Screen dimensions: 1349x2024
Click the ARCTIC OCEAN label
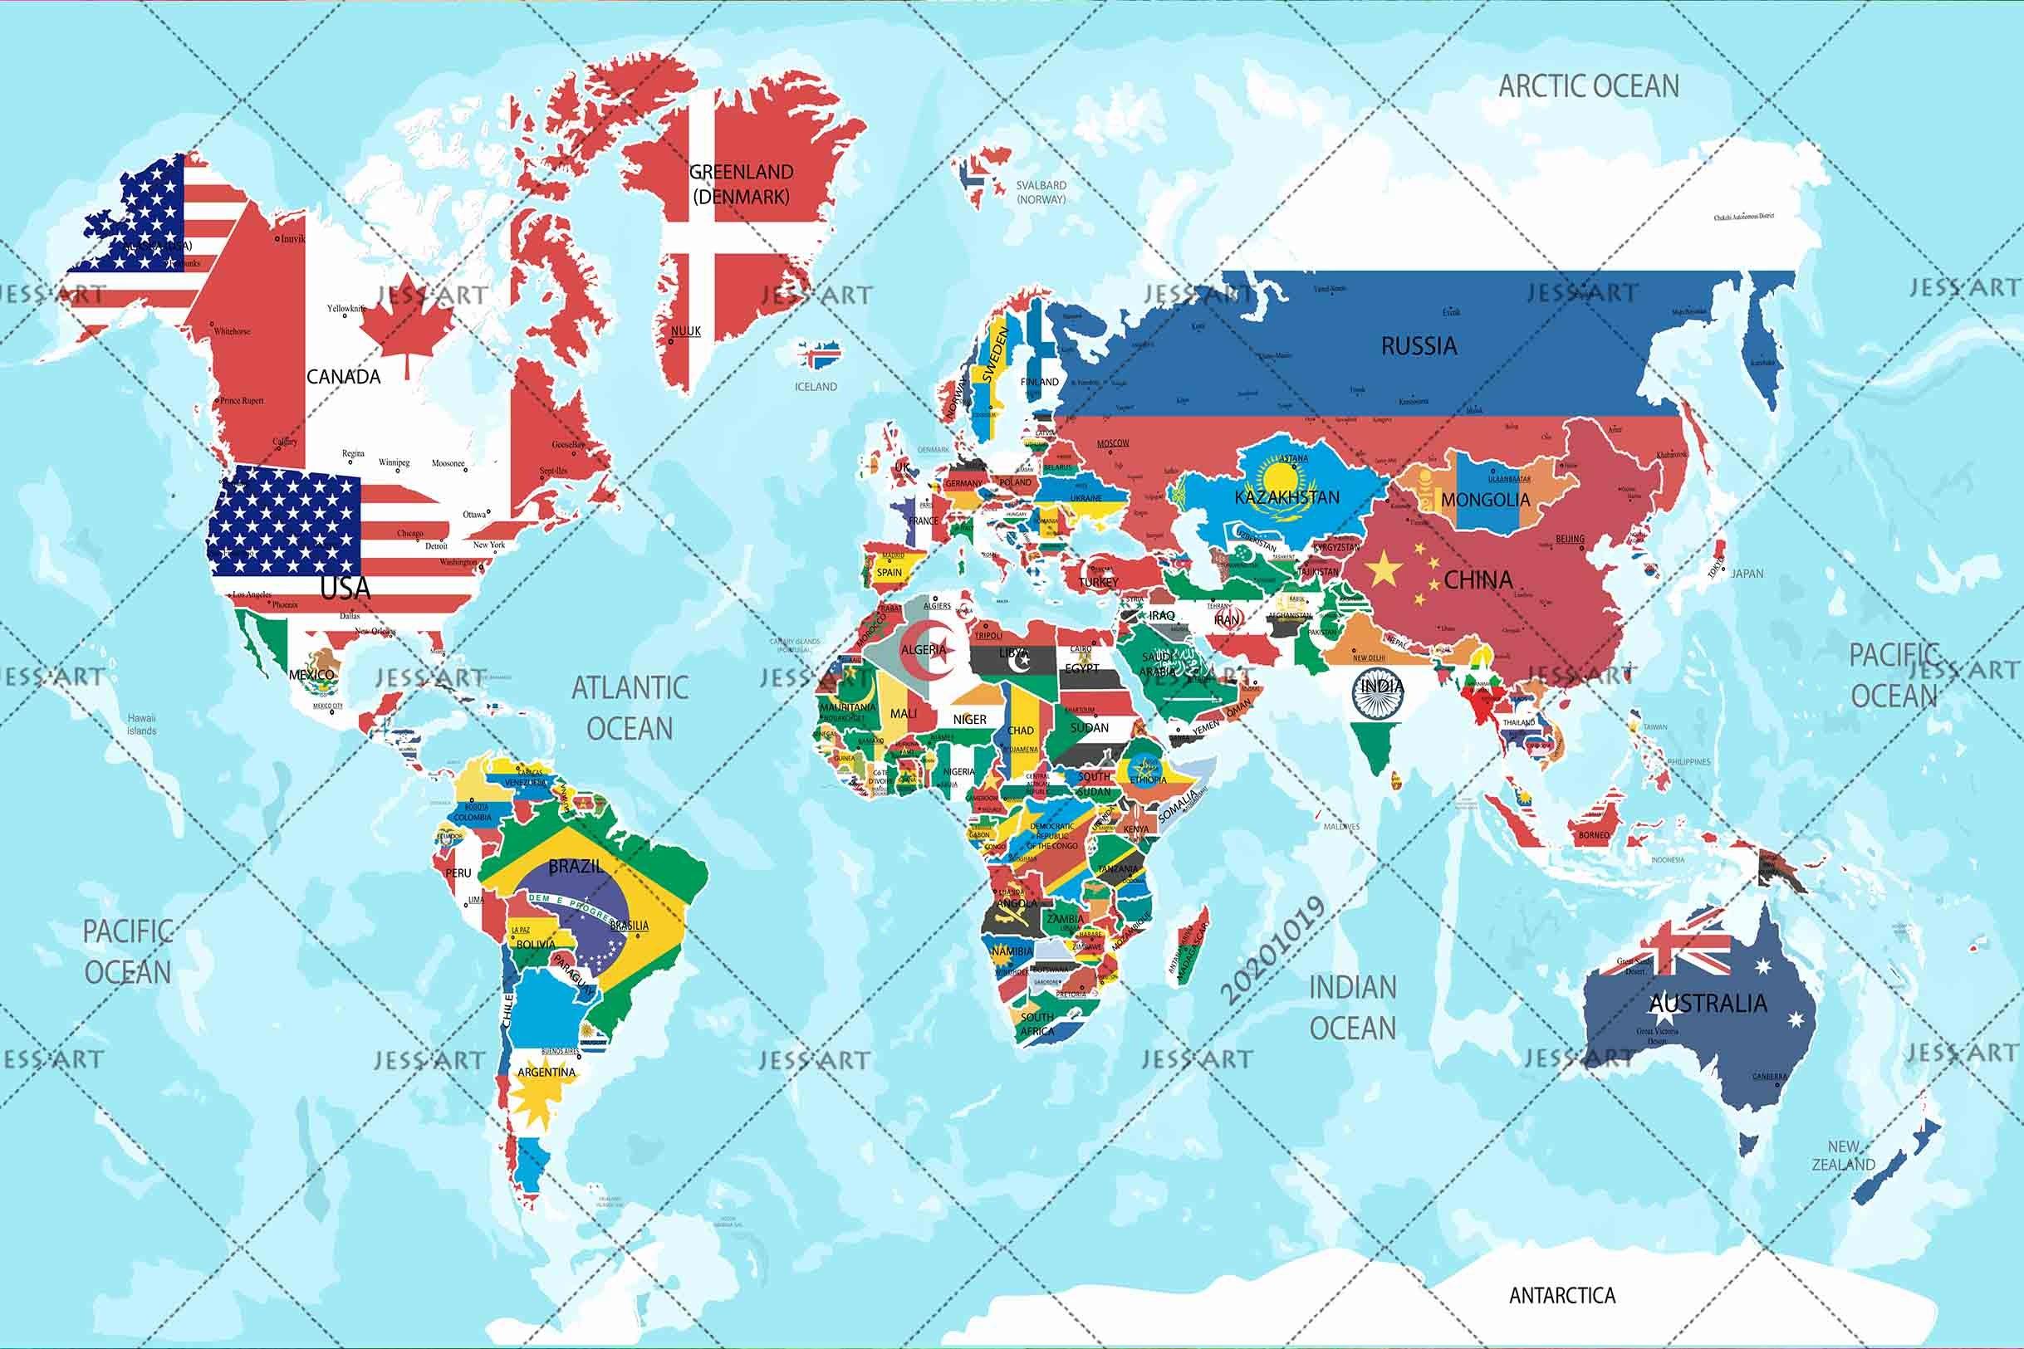pyautogui.click(x=1589, y=86)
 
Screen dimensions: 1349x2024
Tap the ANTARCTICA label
pyautogui.click(x=1562, y=1295)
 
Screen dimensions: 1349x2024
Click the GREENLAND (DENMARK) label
pyautogui.click(x=741, y=183)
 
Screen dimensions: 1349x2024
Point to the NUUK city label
pyautogui.click(x=686, y=330)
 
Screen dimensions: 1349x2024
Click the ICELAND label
pyautogui.click(x=815, y=386)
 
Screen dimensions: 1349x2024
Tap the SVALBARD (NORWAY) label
pyautogui.click(x=1041, y=192)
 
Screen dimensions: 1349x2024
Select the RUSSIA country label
pyautogui.click(x=1419, y=346)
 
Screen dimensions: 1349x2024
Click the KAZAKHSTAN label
pyautogui.click(x=1286, y=497)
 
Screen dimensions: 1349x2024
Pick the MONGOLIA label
pyautogui.click(x=1485, y=499)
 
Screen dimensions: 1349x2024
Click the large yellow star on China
pyautogui.click(x=1386, y=569)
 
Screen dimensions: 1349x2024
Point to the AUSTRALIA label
pyautogui.click(x=1708, y=1003)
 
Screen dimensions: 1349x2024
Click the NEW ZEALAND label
pyautogui.click(x=1843, y=1156)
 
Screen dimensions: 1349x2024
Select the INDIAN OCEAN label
pyautogui.click(x=1352, y=1008)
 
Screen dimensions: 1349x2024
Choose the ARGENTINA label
pyautogui.click(x=546, y=1072)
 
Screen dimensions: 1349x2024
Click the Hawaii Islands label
pyautogui.click(x=142, y=725)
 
